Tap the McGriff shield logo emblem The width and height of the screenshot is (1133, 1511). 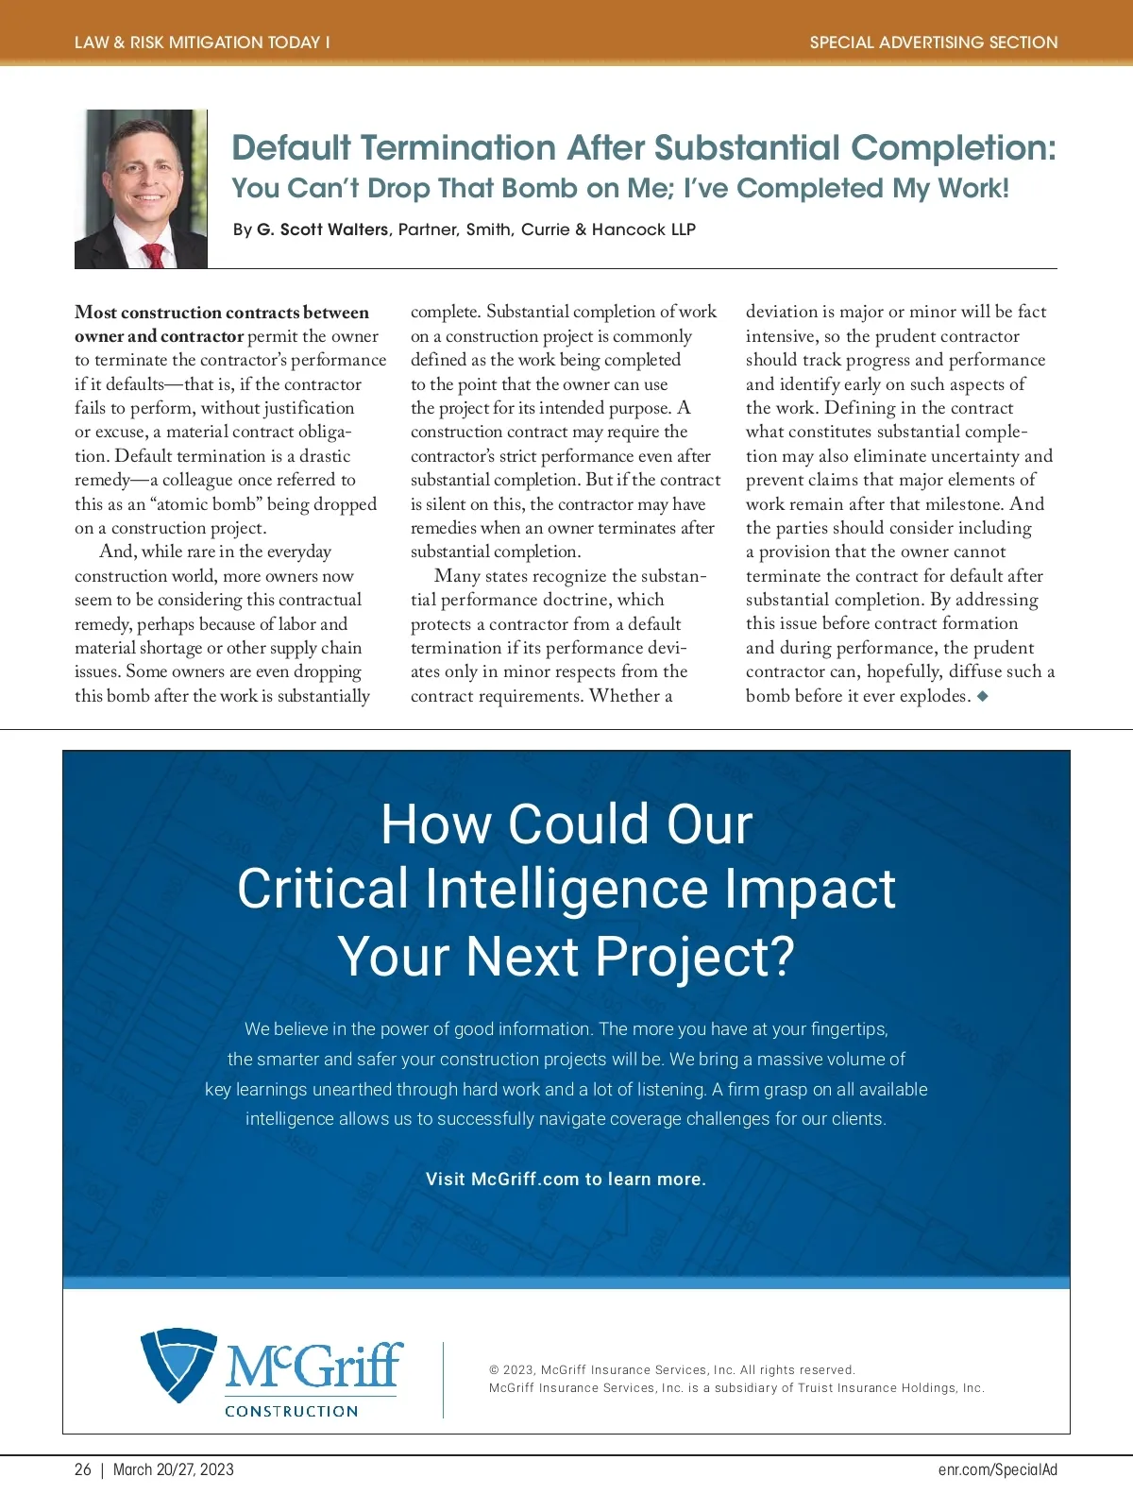click(178, 1364)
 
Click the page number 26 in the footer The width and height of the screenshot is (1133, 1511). click(83, 1469)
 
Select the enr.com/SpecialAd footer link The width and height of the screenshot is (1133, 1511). click(997, 1469)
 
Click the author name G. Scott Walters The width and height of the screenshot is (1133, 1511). click(322, 229)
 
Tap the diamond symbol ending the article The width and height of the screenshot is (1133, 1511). click(983, 696)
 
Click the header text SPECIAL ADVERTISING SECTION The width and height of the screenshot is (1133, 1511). click(933, 42)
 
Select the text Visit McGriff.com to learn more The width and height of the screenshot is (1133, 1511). click(566, 1179)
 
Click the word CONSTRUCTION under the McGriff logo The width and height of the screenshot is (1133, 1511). click(292, 1411)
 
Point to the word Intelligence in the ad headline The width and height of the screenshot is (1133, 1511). click(566, 889)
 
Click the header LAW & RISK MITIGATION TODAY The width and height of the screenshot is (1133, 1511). click(202, 42)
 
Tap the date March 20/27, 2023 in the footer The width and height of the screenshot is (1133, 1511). click(174, 1469)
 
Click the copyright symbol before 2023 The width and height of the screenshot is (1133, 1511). click(494, 1370)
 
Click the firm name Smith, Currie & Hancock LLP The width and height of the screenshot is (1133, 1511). click(581, 229)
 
